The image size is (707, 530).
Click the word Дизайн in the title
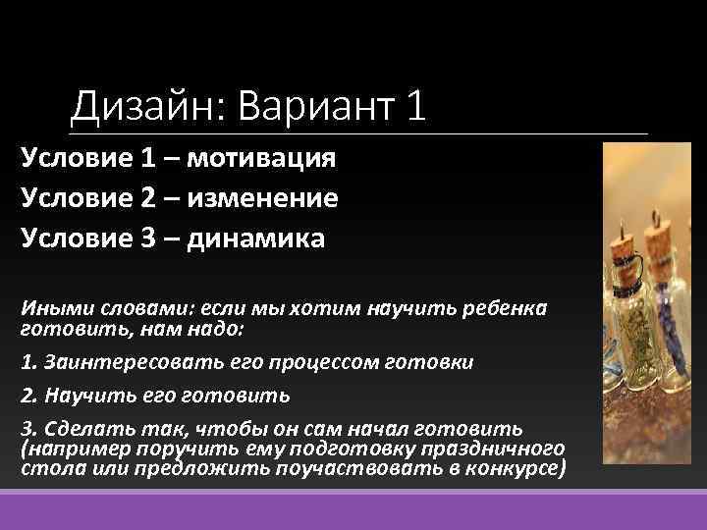coord(145,106)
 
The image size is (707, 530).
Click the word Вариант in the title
coord(311,106)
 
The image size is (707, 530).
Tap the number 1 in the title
coord(414,106)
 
